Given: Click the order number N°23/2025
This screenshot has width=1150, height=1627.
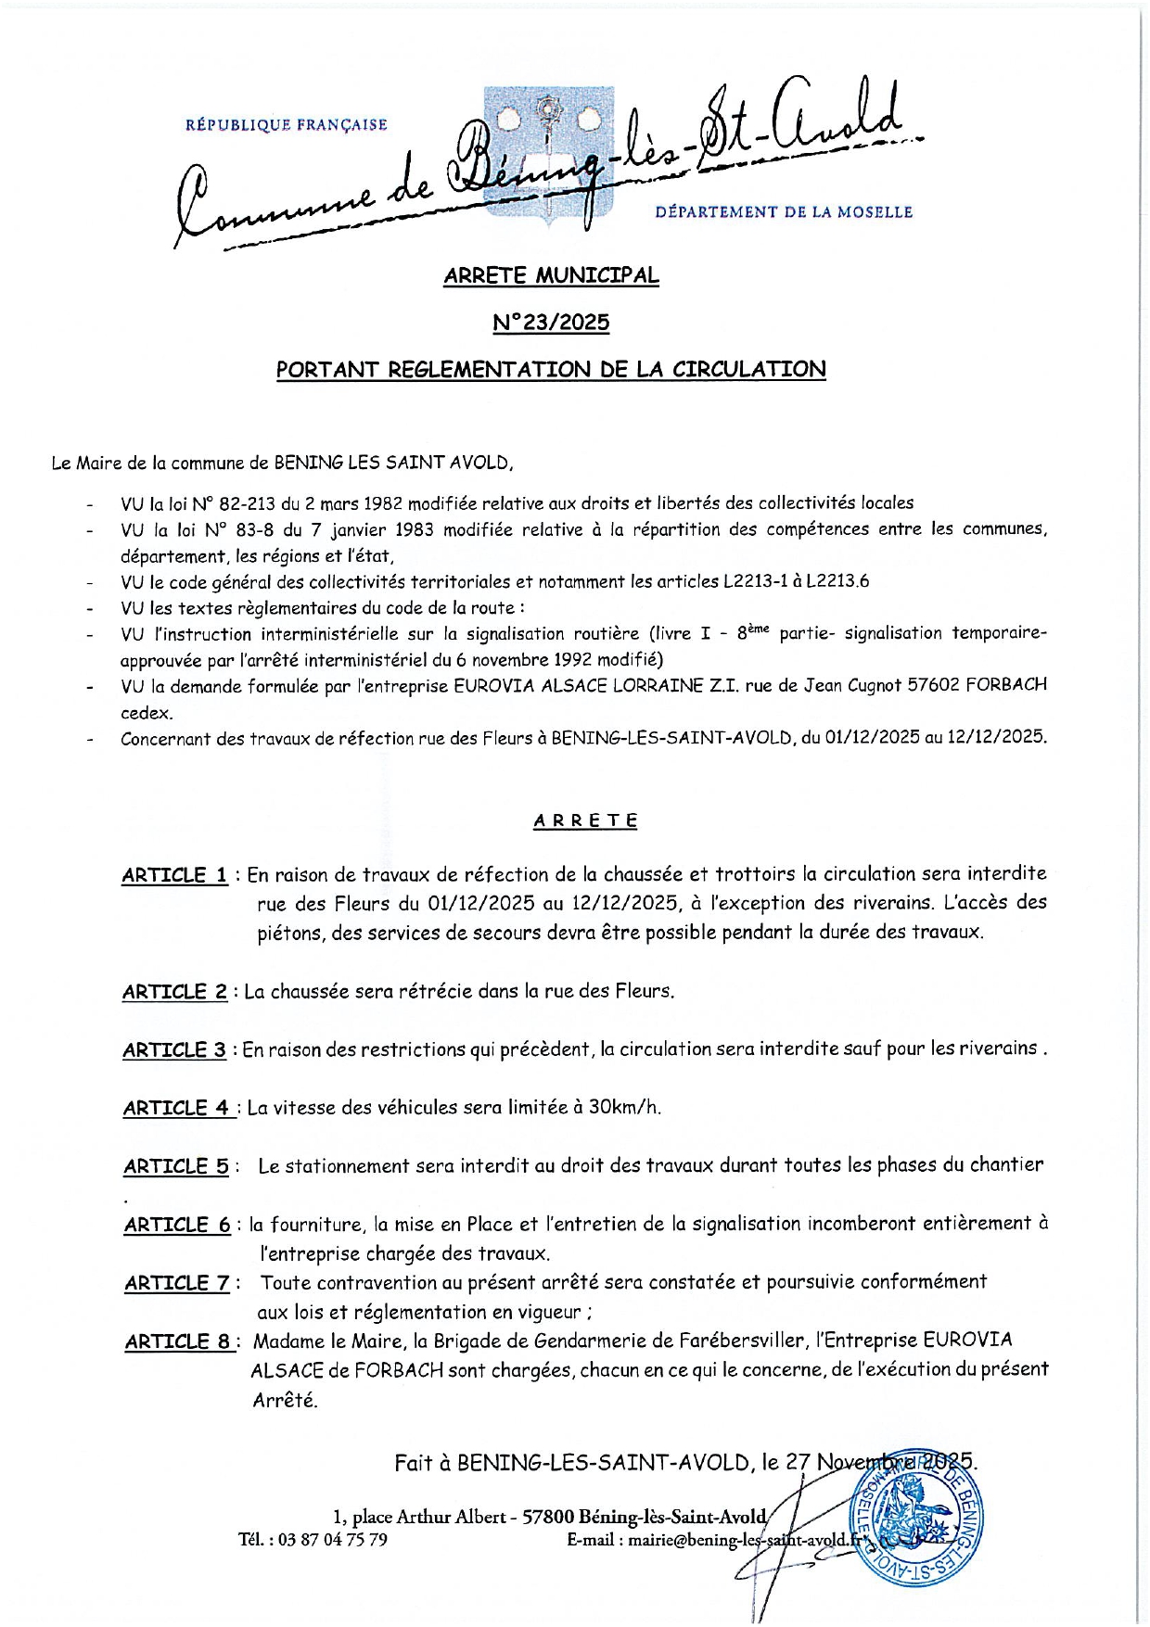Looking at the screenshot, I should click(x=551, y=323).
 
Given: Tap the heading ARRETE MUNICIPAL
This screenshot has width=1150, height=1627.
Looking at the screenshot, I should click(x=551, y=275).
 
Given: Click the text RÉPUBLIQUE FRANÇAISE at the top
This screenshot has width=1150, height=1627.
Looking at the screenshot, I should click(x=287, y=125).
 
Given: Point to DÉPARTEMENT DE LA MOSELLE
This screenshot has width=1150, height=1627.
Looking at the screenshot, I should click(x=784, y=212).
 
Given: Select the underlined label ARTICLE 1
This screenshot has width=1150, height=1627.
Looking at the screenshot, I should click(x=174, y=875).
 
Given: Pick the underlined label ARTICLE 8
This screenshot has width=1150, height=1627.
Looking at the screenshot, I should click(x=181, y=1341).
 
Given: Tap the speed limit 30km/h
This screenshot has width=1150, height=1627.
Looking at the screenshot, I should click(x=624, y=1107).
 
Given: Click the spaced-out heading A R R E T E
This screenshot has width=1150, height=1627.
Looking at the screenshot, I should click(x=585, y=820).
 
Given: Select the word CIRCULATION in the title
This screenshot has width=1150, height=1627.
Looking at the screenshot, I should click(x=748, y=369).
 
